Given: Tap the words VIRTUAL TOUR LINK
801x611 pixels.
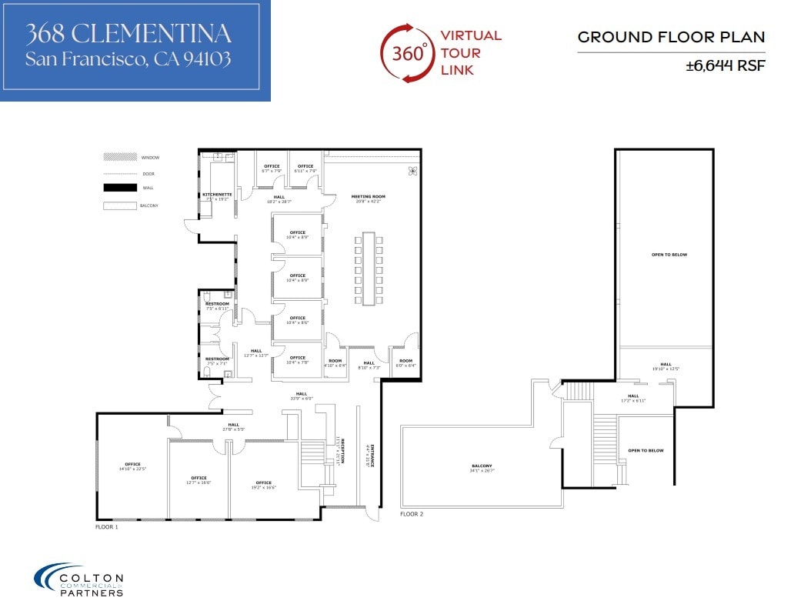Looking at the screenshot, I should pos(470,53).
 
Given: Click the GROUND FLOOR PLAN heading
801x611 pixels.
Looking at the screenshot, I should pos(671,37).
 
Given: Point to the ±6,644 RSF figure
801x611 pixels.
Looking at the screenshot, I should pos(726,66).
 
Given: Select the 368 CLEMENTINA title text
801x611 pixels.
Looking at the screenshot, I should pos(128,33).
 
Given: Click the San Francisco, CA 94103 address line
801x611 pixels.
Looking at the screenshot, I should pos(128,59).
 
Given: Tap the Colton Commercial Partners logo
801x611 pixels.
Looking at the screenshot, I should pos(78,580).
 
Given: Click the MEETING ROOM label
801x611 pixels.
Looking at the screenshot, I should pos(368,197).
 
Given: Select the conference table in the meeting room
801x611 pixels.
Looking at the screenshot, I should pos(368,269).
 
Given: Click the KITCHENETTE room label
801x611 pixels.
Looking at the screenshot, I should pos(217,195).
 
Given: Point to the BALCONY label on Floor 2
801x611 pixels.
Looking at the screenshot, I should pos(482,467).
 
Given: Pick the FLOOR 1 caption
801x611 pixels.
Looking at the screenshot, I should pos(106,527).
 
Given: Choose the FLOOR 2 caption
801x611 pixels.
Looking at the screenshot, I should pos(412,513).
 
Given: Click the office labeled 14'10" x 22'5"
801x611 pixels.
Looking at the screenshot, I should pos(132,466).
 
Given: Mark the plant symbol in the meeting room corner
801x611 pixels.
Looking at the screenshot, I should pos(412,171).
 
